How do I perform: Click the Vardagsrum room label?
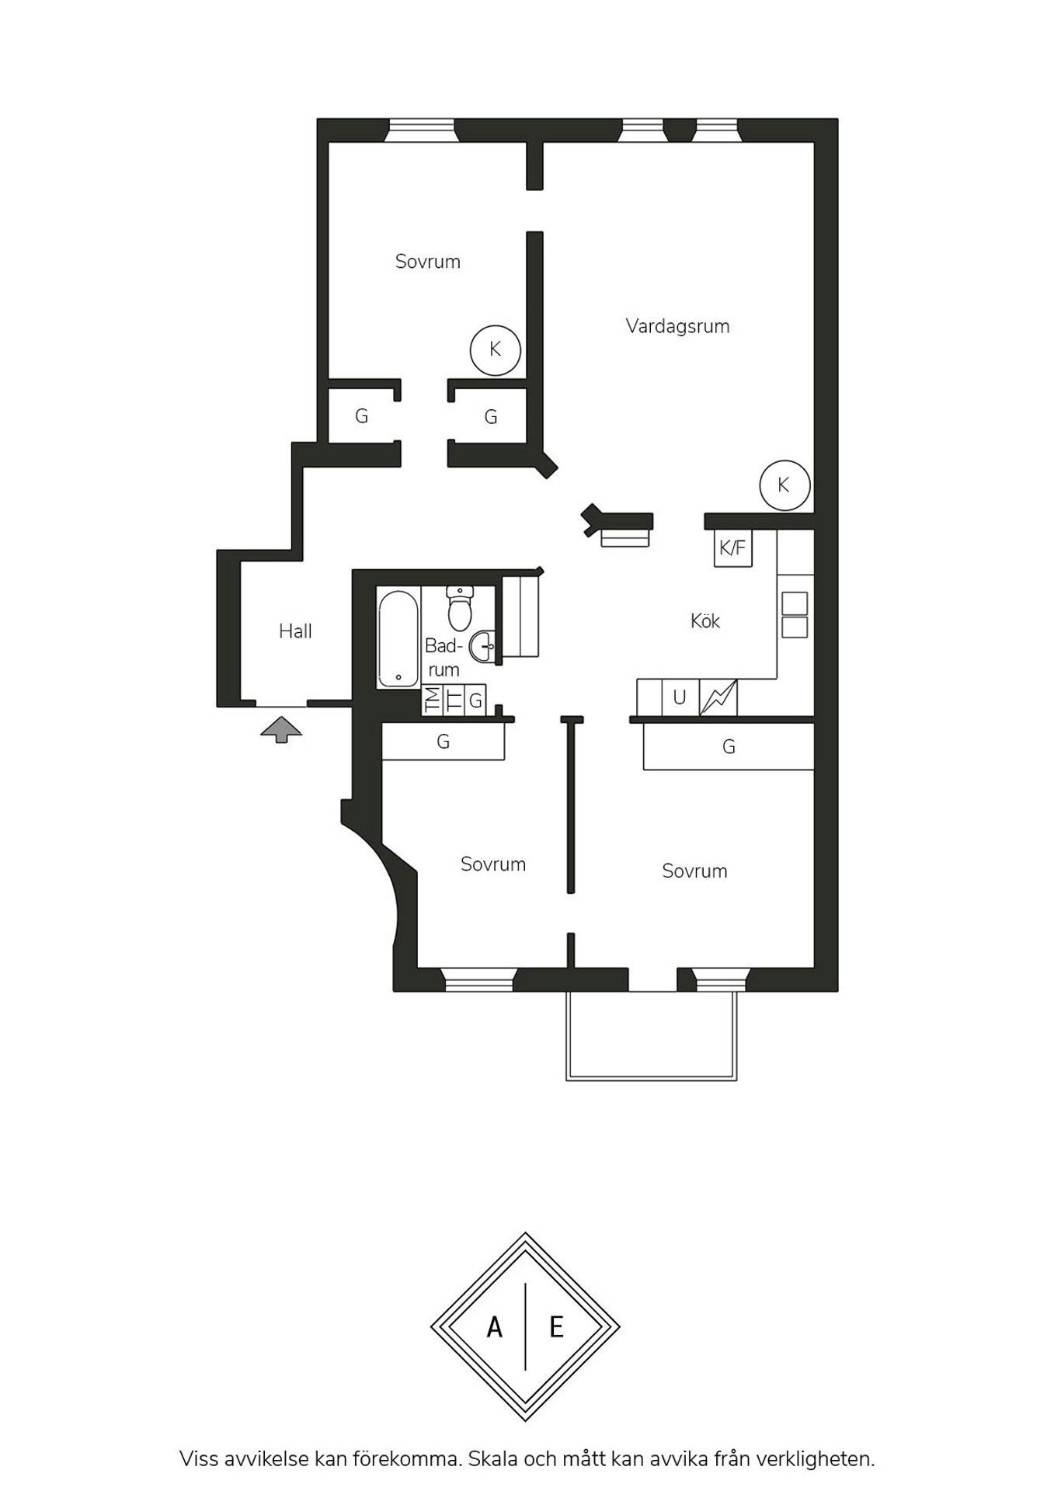coord(677,326)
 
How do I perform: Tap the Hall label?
coord(295,631)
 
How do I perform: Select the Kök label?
coord(705,621)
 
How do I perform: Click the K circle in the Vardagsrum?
coord(784,485)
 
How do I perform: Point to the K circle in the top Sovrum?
coord(495,350)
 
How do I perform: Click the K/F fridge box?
coord(732,548)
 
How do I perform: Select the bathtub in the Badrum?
coord(398,639)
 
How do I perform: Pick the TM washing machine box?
coord(432,700)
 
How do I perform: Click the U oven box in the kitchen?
coord(680,697)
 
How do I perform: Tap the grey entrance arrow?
coord(281,730)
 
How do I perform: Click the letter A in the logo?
coord(495,1328)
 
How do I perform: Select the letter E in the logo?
coord(556,1328)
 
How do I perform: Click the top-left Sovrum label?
coord(428,262)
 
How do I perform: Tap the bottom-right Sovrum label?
coord(695,871)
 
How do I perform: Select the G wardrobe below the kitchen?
coord(729,747)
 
